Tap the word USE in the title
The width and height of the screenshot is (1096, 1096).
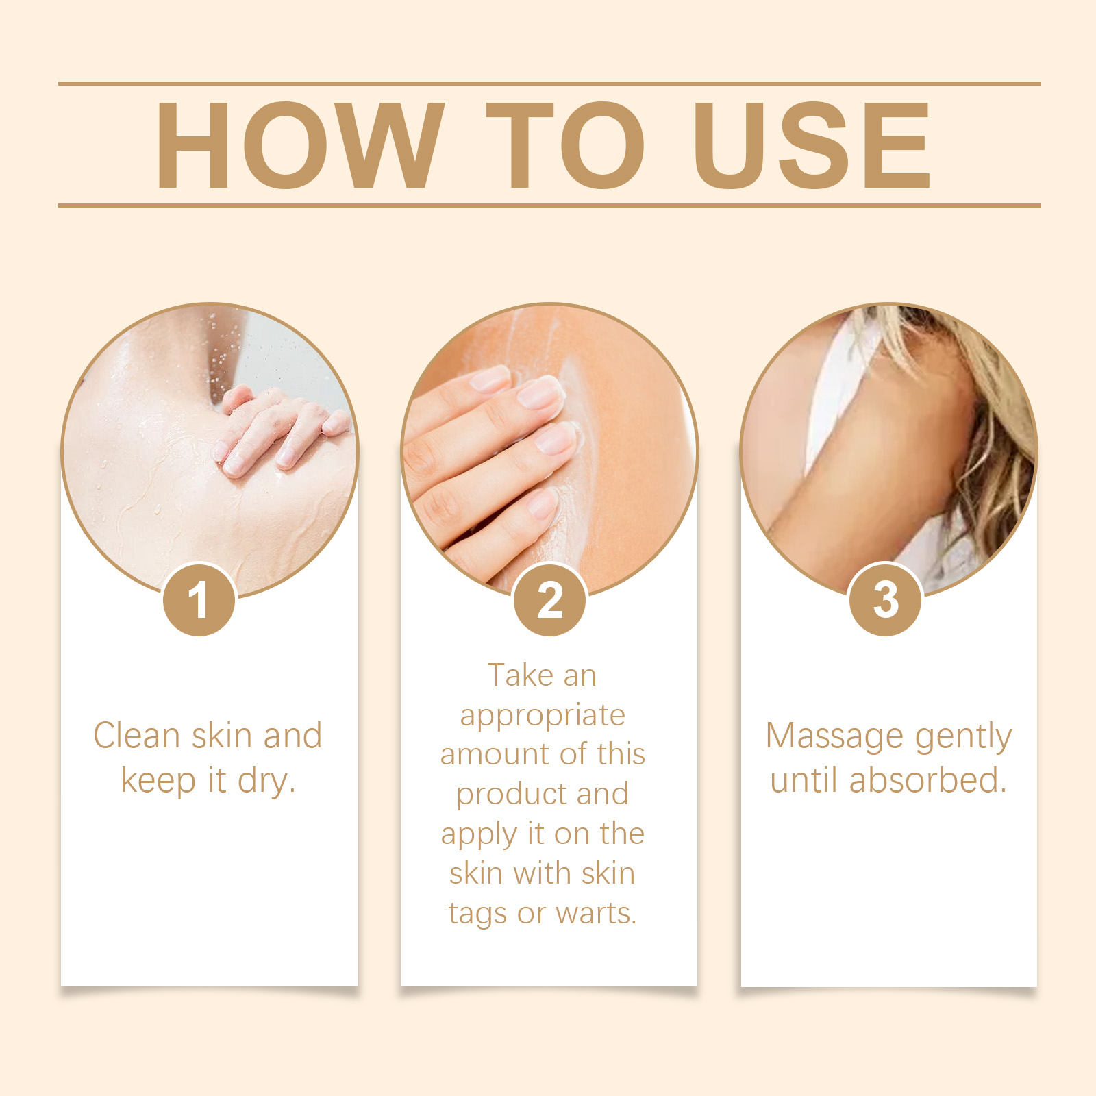coord(812,145)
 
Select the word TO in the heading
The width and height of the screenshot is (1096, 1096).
coord(566,145)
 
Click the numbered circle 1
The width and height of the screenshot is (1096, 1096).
coord(199,599)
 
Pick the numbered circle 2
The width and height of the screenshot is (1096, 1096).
coord(549,599)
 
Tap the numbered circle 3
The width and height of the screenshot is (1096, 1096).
coord(886,599)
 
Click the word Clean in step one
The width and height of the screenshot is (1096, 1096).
coord(137,736)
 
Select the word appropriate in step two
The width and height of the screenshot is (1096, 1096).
coord(543,717)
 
